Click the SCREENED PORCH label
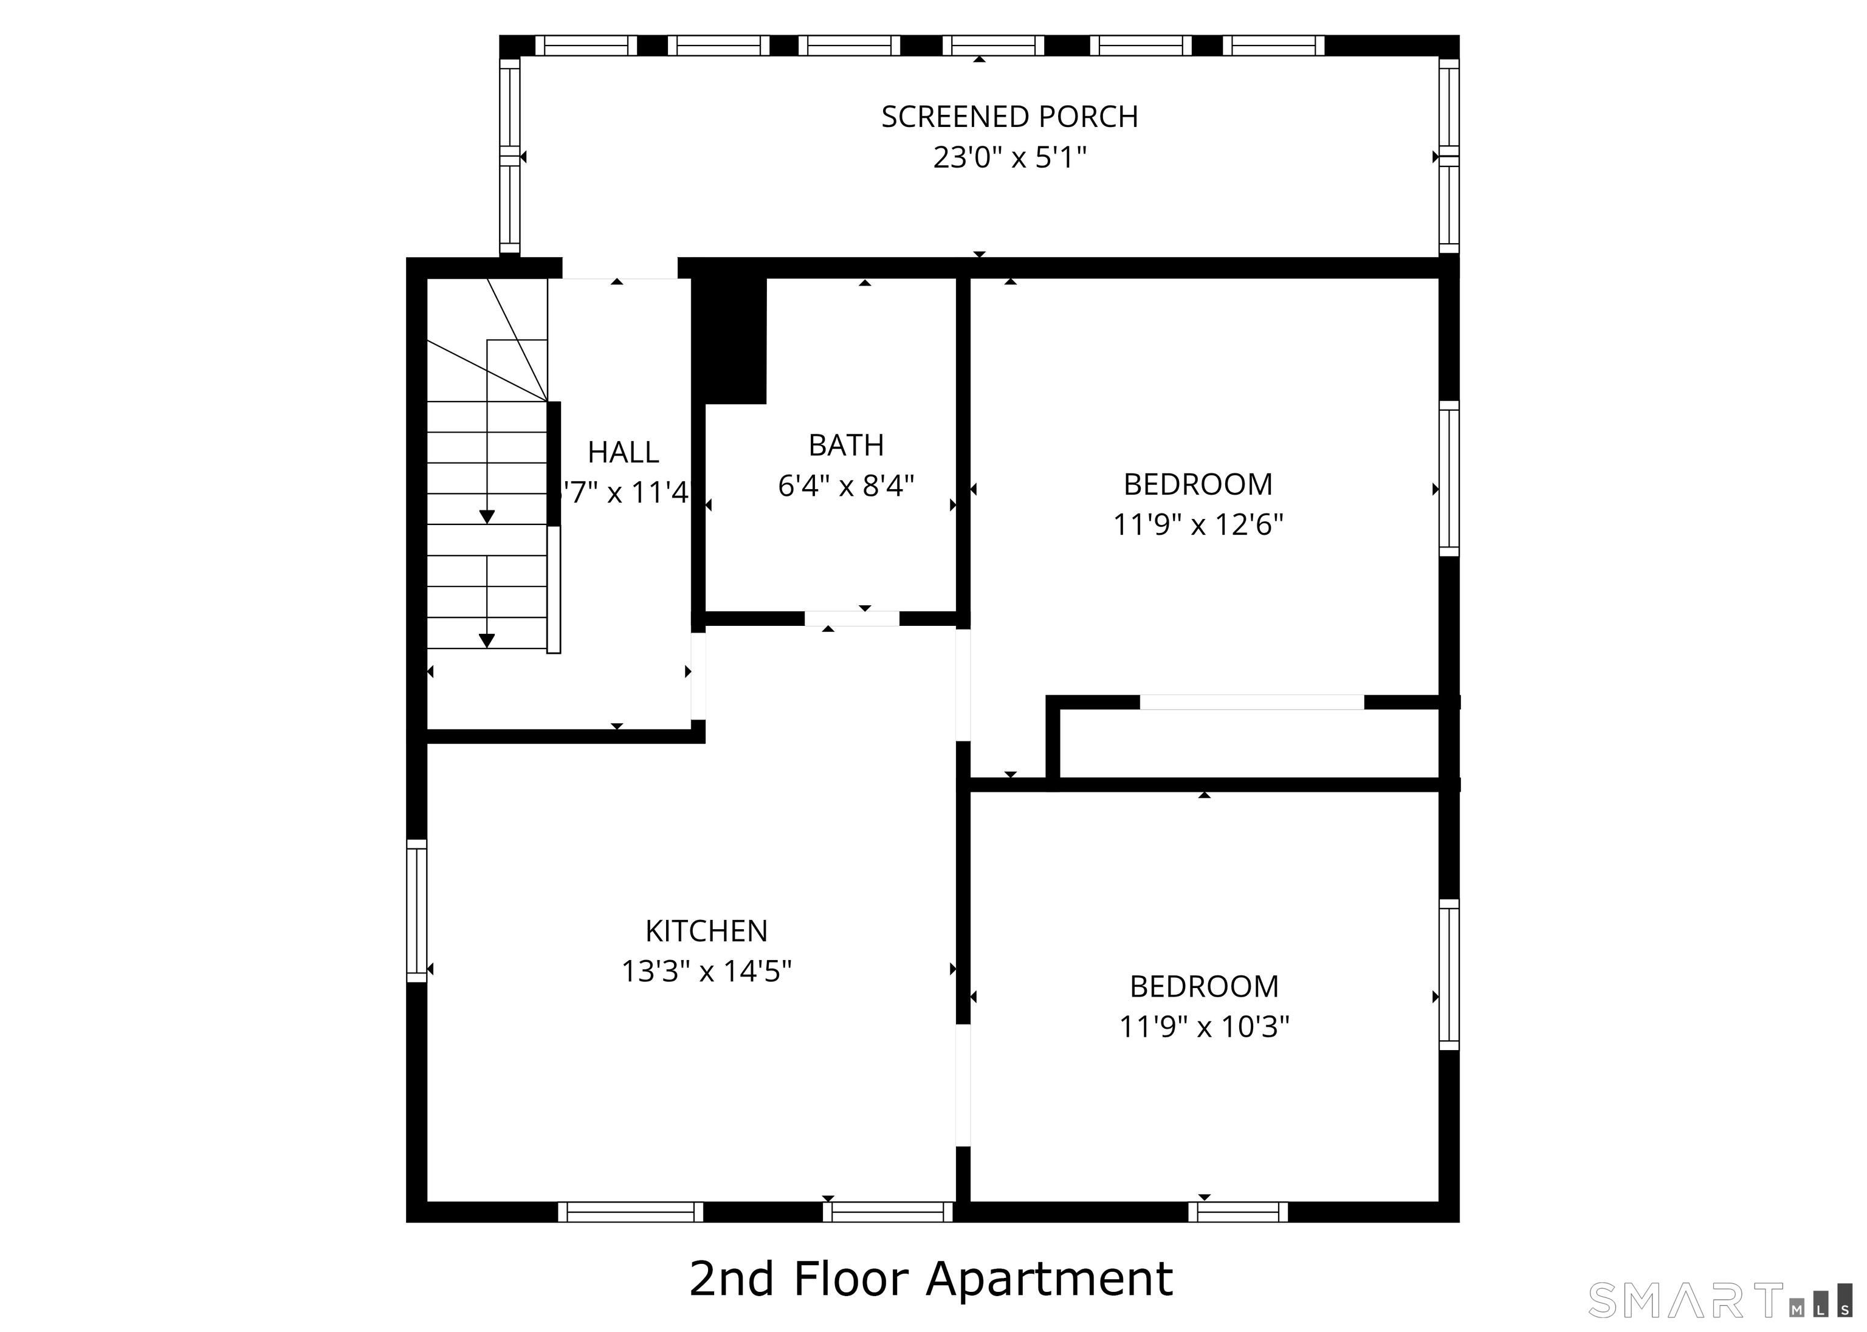tap(1009, 117)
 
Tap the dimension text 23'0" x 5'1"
tap(1009, 157)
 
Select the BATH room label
tap(846, 445)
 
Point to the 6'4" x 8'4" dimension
tap(846, 486)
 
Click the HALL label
tap(622, 452)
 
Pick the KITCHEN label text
tap(706, 931)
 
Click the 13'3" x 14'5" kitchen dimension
tap(706, 972)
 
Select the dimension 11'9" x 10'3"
tap(1204, 1027)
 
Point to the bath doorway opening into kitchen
tap(851, 619)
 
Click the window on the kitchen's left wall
tap(417, 910)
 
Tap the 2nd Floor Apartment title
tap(931, 1278)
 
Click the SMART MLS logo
tap(1719, 1300)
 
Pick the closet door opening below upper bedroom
tap(1252, 702)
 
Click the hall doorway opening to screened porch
tap(619, 268)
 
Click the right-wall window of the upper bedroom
tap(1449, 478)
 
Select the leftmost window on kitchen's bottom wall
tap(630, 1212)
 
